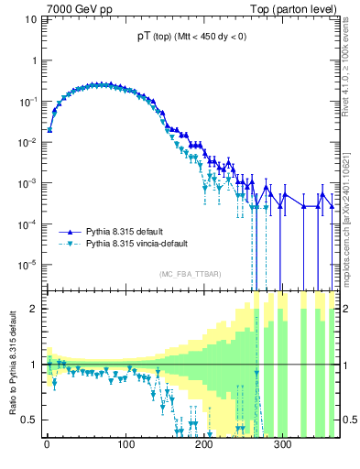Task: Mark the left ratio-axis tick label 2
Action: point(35,309)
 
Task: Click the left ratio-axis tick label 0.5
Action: point(30,420)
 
